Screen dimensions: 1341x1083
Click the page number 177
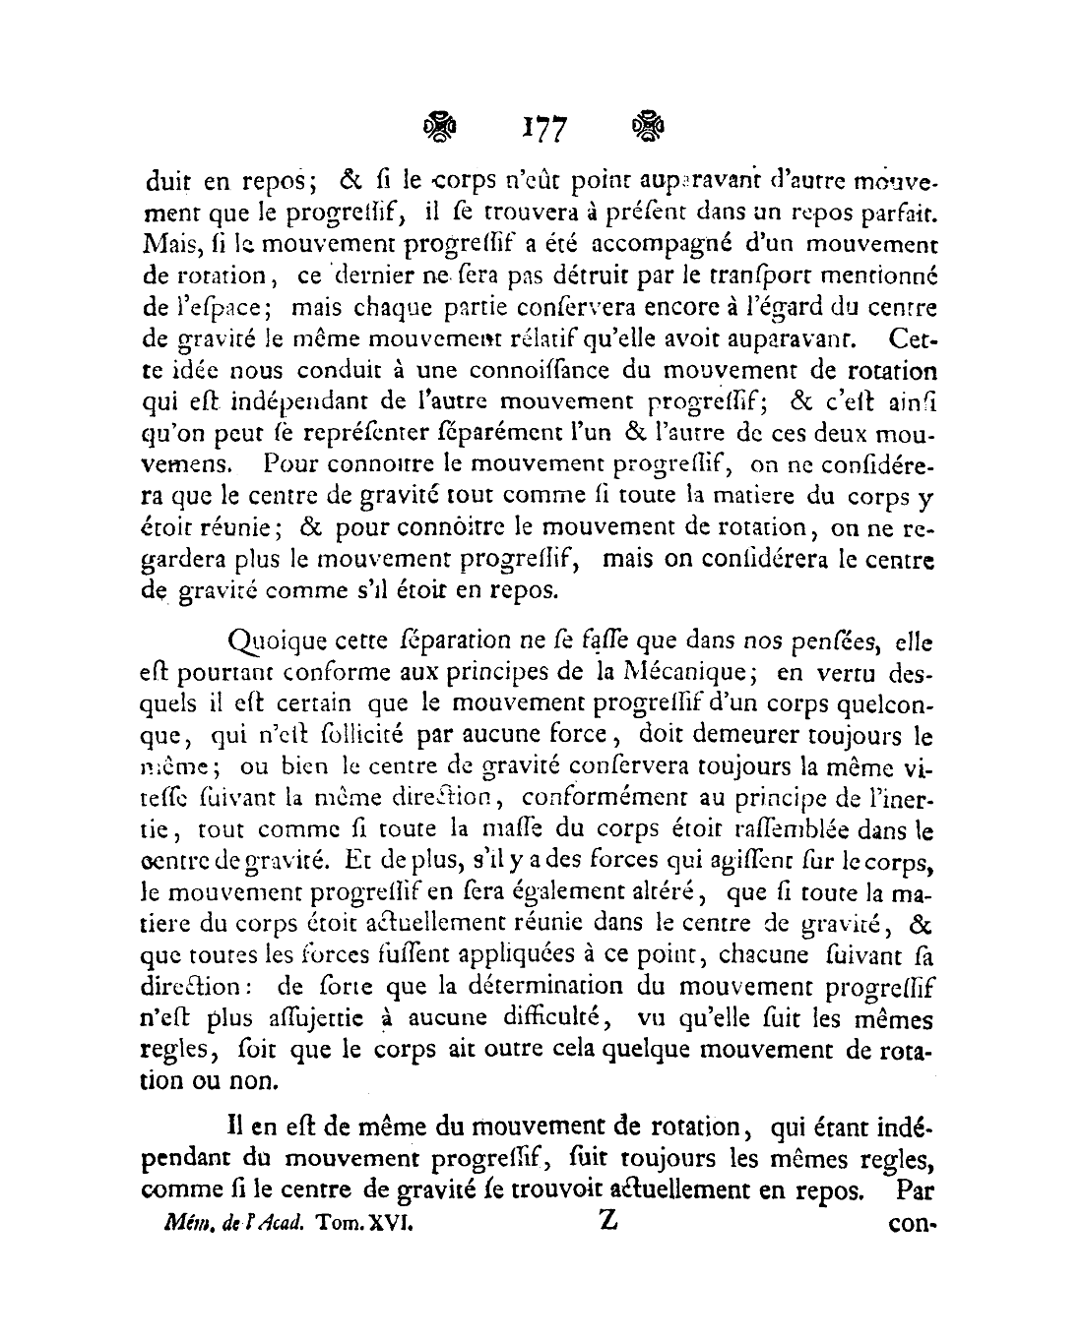(x=542, y=128)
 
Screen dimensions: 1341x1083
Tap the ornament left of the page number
(x=441, y=126)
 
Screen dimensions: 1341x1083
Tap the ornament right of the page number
(x=647, y=126)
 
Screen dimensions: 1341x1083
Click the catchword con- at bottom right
(x=910, y=1226)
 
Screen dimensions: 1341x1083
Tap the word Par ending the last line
(x=913, y=1190)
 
